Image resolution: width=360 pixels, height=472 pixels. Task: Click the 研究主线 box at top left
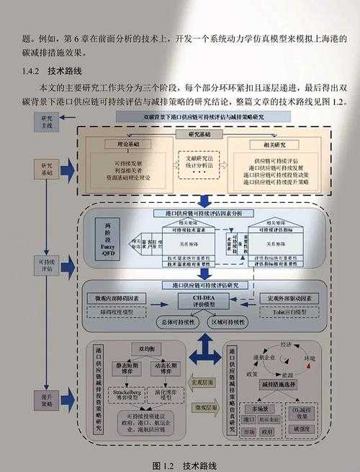coord(48,121)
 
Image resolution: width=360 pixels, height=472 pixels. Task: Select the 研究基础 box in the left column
coord(48,168)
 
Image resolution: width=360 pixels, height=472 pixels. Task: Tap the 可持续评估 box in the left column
coord(48,266)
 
